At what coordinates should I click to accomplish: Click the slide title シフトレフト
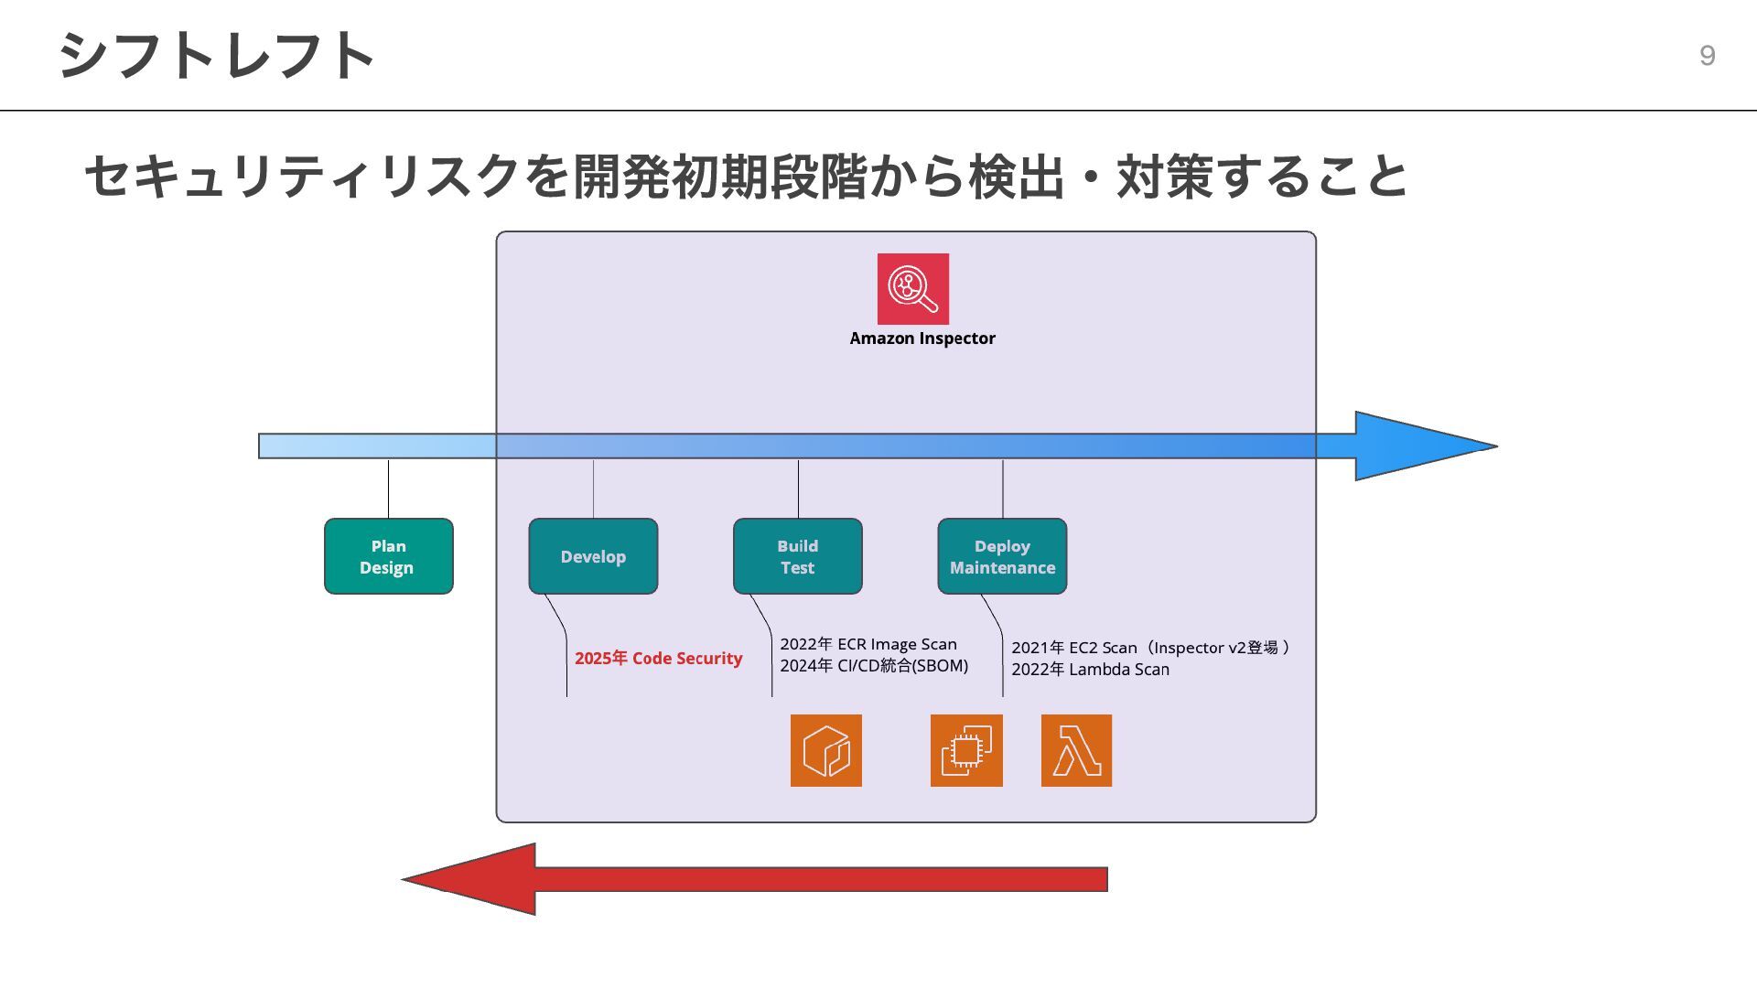tap(217, 55)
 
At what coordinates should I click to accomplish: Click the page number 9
tap(1707, 56)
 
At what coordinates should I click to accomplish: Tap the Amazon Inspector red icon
tap(912, 289)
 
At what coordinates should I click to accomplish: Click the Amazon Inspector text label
tap(922, 338)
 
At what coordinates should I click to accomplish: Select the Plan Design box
tap(389, 556)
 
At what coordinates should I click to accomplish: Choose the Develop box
tap(593, 556)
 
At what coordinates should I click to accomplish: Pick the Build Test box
tap(798, 556)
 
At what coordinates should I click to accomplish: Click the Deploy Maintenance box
tap(1002, 556)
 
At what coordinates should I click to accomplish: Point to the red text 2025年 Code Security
tap(659, 659)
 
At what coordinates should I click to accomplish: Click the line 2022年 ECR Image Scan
tap(868, 644)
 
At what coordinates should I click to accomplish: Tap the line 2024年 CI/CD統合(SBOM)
tap(874, 666)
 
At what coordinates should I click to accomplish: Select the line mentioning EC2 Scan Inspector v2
tap(1150, 648)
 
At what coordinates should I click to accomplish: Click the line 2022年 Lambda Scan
tap(1091, 670)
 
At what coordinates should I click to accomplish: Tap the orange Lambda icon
tap(1076, 750)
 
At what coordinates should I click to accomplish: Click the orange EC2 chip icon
tap(966, 750)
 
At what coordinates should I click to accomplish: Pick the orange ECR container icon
tap(826, 750)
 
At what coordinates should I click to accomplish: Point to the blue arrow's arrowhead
tap(1426, 446)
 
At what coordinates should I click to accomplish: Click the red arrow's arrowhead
tap(469, 879)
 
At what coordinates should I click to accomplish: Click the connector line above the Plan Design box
tap(388, 489)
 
